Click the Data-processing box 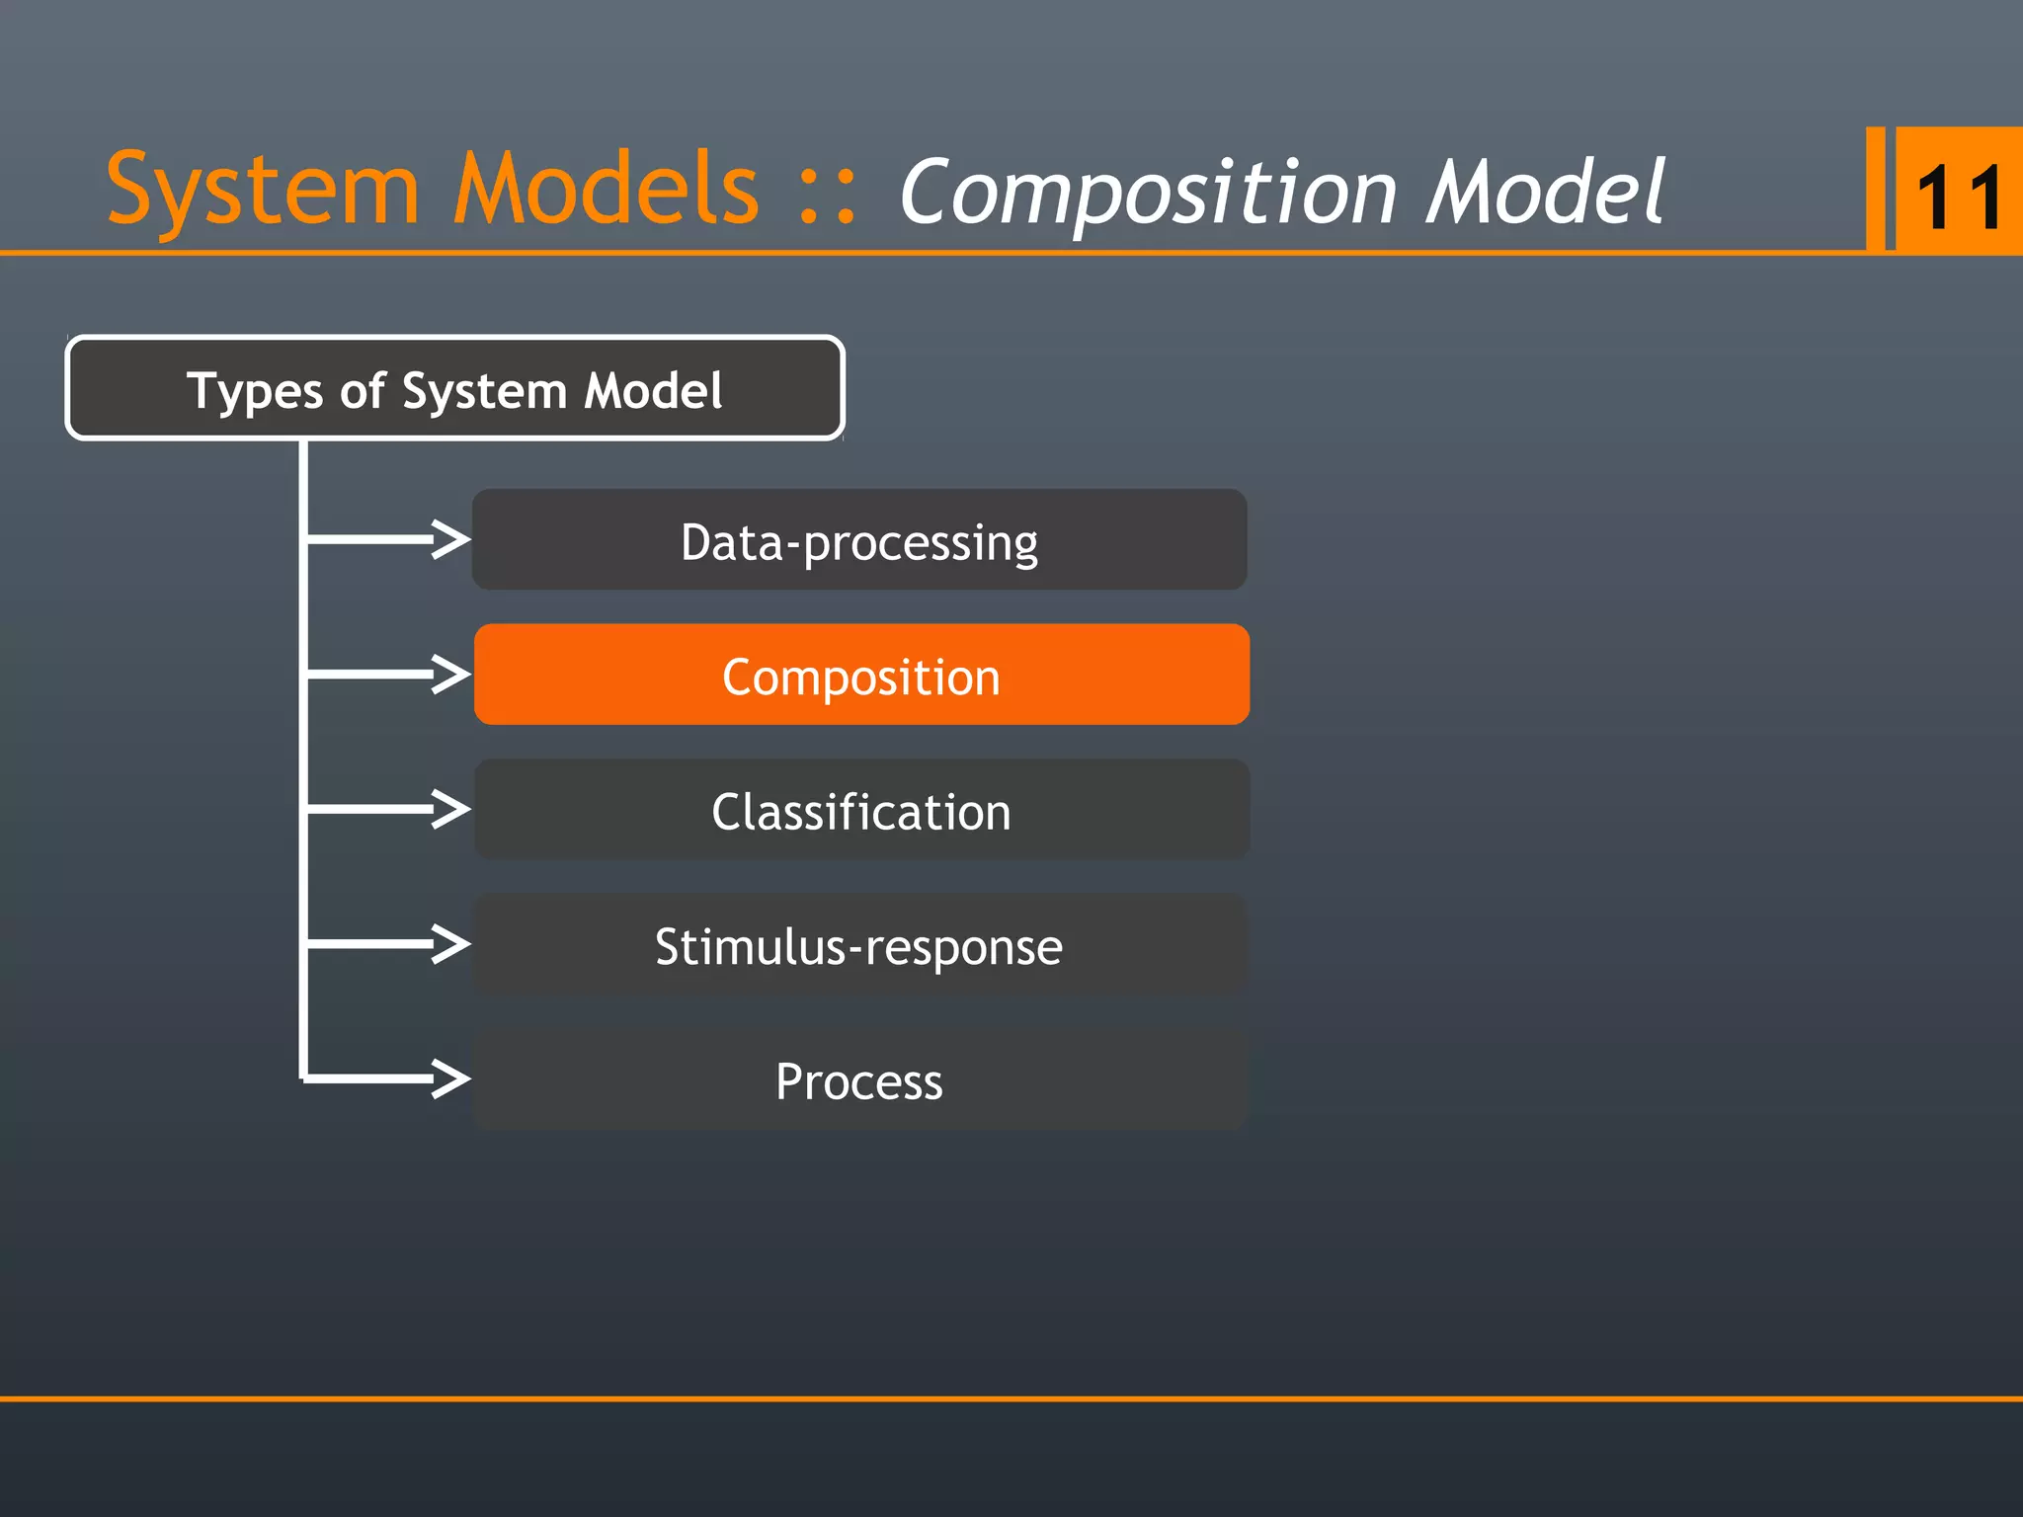(x=859, y=540)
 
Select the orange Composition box (x=861, y=676)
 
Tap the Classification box (x=861, y=810)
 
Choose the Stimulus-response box (x=859, y=945)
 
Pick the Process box (x=859, y=1079)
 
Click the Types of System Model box (x=454, y=388)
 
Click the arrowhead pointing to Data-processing (x=451, y=539)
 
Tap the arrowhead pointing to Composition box (x=451, y=675)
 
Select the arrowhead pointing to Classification (x=451, y=809)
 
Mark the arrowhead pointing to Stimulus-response (x=451, y=944)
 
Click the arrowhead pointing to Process (x=451, y=1078)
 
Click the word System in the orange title (x=262, y=191)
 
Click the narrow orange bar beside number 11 (x=1875, y=189)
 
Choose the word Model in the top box (x=653, y=390)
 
